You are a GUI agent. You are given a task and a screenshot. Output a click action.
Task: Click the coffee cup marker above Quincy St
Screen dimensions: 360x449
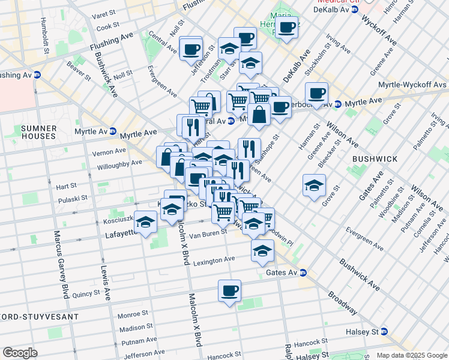[229, 292]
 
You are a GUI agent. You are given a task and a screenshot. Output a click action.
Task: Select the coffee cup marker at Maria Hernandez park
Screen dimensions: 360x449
[287, 27]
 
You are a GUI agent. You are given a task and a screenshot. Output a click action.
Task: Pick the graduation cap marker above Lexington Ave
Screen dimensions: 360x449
[262, 251]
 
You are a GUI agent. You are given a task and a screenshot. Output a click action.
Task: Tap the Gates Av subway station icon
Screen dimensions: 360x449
[303, 272]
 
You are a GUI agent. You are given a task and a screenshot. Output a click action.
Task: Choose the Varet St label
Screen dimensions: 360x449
[108, 15]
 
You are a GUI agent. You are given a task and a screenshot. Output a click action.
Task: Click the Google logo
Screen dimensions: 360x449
[20, 353]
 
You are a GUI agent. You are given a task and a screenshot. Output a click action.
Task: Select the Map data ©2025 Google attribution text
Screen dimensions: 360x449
[411, 355]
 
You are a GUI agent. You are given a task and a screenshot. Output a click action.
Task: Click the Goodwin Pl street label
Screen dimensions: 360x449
[280, 239]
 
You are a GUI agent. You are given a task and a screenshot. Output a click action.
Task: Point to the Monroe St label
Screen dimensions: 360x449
[133, 314]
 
